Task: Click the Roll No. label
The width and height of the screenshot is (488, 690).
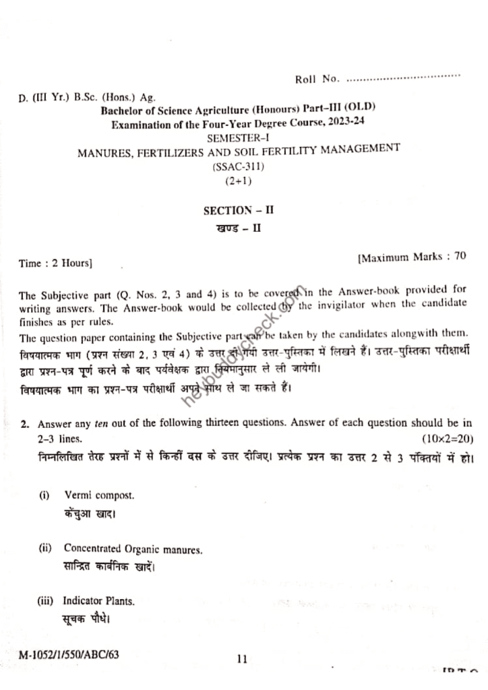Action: [317, 80]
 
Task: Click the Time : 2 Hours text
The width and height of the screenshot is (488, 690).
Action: [55, 263]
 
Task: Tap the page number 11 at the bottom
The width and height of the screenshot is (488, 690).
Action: [243, 660]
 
